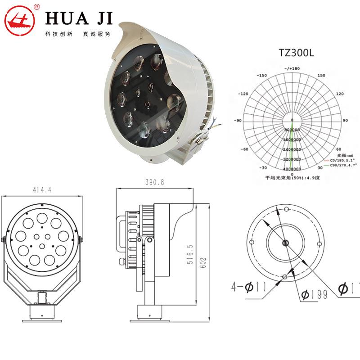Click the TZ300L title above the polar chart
296,53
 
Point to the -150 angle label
261,76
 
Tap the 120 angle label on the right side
340,94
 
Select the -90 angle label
238,121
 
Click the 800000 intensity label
292,130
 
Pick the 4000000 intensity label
292,169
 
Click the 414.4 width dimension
43,190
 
